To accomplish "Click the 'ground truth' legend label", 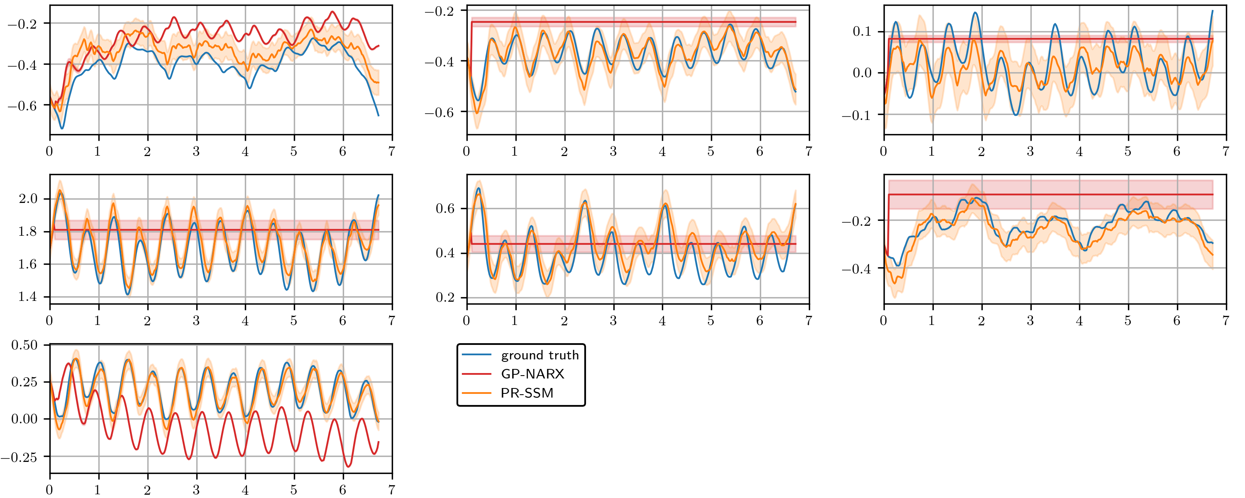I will (539, 355).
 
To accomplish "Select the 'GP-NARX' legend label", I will (532, 374).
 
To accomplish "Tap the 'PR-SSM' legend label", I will (527, 393).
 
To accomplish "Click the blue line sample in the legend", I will (476, 355).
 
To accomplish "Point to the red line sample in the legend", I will (476, 374).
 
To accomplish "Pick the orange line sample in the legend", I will (476, 393).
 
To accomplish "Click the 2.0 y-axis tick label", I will (27, 199).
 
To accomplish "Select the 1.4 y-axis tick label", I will (27, 297).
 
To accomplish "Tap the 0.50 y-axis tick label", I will (24, 345).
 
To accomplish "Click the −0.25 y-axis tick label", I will (20, 457).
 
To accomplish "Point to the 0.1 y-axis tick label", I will (862, 32).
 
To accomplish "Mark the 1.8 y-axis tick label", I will (27, 232).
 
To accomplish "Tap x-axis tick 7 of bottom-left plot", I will (391, 490).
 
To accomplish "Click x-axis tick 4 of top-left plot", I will (245, 151).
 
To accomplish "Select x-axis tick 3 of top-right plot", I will (1030, 151).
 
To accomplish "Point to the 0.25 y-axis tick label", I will (24, 382).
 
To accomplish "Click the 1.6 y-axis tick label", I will (27, 264).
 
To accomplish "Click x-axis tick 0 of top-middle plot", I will (466, 151).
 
